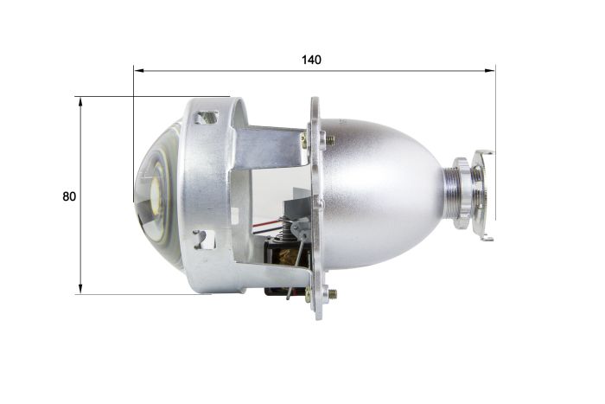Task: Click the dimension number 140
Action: [x=311, y=60]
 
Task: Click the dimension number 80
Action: [x=69, y=196]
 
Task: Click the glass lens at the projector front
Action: [x=156, y=195]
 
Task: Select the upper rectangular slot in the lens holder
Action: [x=206, y=117]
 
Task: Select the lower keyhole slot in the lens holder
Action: [x=204, y=239]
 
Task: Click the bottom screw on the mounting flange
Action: [x=330, y=294]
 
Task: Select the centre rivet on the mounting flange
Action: [x=317, y=202]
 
